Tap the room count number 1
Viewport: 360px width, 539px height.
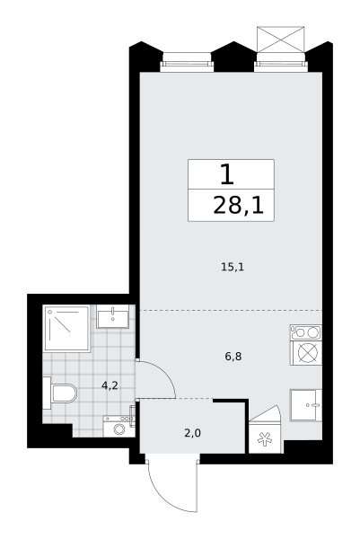[227, 174]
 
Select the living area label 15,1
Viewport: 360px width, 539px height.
[233, 267]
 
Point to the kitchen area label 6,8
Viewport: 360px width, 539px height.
[233, 357]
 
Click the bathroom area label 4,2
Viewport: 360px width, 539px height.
[110, 385]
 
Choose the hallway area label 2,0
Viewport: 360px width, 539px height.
[192, 433]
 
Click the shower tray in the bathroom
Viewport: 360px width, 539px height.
[66, 328]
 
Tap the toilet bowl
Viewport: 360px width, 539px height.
[60, 393]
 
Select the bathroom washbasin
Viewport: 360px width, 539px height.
[113, 316]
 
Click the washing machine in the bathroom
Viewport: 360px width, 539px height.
[119, 426]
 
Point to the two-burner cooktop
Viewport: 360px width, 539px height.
[306, 332]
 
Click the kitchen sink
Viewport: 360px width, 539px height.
[306, 405]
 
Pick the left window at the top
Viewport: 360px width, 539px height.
[187, 63]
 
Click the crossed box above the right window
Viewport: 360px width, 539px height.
[281, 39]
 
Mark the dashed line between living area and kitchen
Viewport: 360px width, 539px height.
[231, 311]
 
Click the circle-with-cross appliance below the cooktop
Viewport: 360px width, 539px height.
[306, 353]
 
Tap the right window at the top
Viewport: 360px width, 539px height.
[281, 63]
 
